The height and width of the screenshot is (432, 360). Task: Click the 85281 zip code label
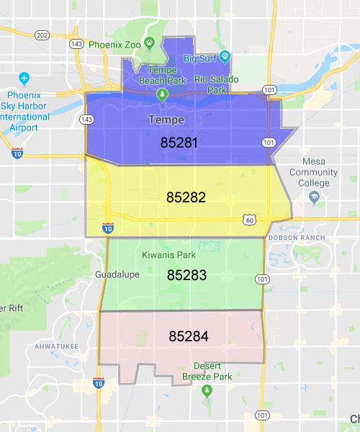click(x=179, y=143)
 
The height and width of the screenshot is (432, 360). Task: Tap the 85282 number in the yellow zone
click(x=186, y=197)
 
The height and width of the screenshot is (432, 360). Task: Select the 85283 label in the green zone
click(x=186, y=275)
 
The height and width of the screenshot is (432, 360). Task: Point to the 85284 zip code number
click(x=189, y=336)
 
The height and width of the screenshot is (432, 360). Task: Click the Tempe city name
click(x=166, y=120)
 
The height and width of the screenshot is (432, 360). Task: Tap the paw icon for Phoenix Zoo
click(x=149, y=42)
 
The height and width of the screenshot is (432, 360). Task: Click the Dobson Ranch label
click(x=296, y=238)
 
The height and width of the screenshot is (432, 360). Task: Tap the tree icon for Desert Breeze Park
click(x=207, y=391)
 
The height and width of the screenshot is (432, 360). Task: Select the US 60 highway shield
click(x=248, y=218)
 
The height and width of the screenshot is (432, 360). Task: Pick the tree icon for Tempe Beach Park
click(x=163, y=94)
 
